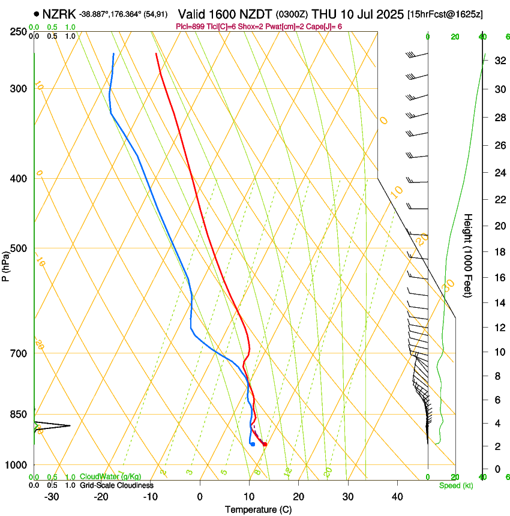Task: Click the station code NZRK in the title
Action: (x=58, y=13)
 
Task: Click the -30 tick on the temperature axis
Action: (x=52, y=496)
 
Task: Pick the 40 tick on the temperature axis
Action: (x=397, y=496)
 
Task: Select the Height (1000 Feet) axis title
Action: (x=469, y=256)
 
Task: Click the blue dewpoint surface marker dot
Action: (x=253, y=445)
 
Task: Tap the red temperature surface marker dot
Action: (x=265, y=445)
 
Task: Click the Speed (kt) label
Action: (x=455, y=485)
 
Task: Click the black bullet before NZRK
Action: (x=37, y=13)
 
